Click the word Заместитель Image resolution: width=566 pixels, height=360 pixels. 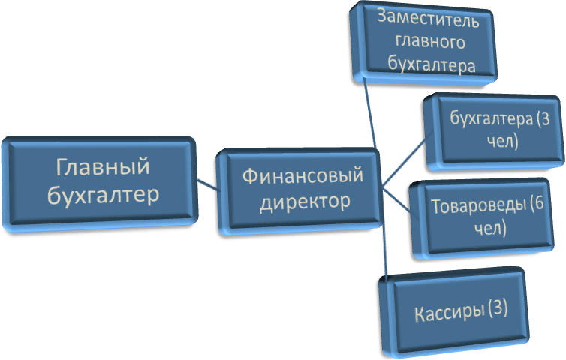(x=429, y=16)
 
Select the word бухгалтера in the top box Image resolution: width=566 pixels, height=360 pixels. (x=432, y=64)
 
